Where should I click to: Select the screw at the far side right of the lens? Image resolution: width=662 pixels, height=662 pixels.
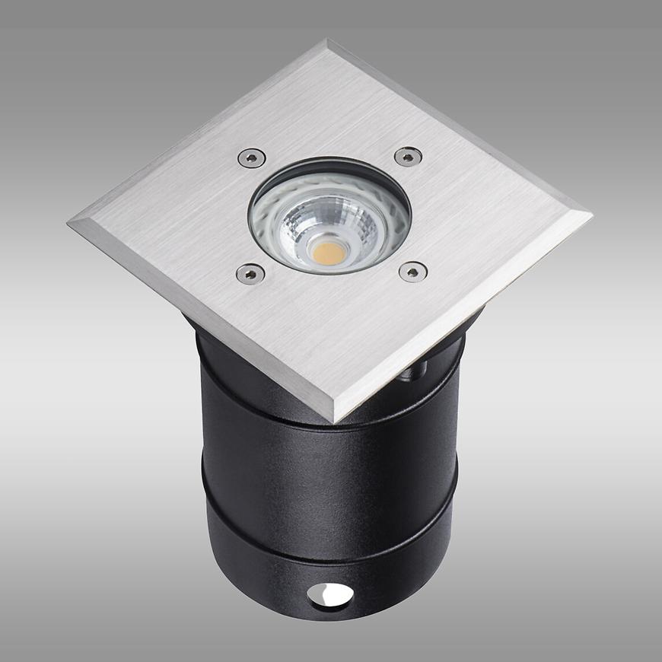(x=408, y=157)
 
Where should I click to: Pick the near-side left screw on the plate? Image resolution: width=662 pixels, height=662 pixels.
(x=249, y=272)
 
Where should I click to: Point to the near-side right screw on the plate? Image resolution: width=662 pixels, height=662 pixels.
(x=413, y=272)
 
